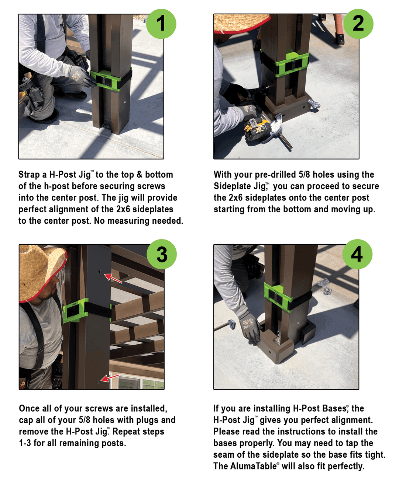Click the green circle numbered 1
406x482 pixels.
161,24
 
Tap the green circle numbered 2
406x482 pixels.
358,24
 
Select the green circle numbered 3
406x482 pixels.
162,254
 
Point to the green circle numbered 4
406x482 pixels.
357,254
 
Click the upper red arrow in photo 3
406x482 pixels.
114,279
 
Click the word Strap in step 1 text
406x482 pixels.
29,175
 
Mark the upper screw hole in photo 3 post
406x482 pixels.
100,272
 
